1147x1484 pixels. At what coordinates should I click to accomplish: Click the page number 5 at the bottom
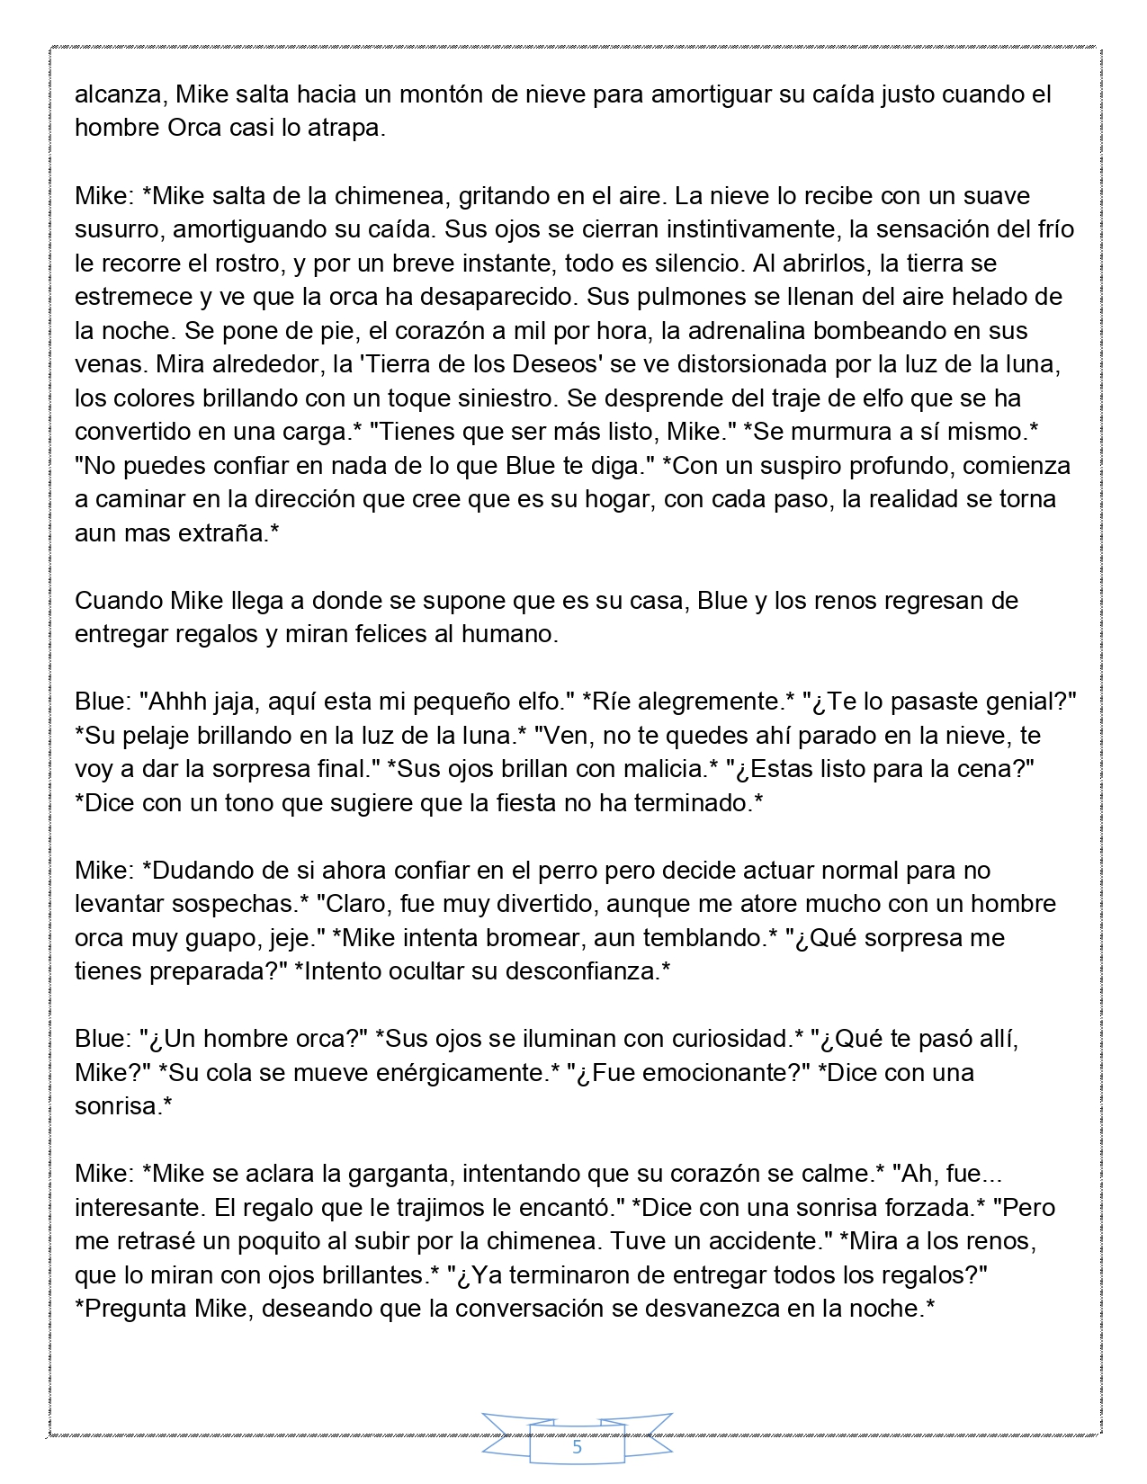[577, 1448]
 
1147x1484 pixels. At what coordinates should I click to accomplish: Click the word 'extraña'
[226, 532]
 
